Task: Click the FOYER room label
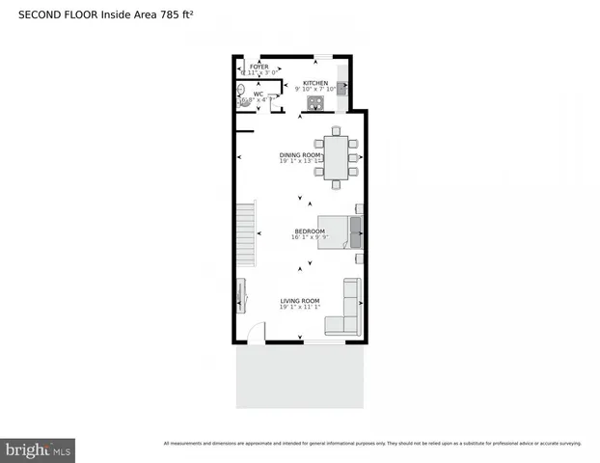click(259, 67)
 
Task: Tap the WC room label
click(259, 95)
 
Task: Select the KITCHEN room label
click(316, 84)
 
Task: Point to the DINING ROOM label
click(300, 155)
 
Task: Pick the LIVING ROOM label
click(299, 302)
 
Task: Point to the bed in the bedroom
click(340, 231)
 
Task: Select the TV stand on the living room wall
click(240, 295)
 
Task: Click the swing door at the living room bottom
click(255, 333)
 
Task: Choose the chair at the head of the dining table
click(336, 130)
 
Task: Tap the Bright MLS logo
click(38, 449)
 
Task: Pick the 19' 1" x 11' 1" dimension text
click(299, 309)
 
